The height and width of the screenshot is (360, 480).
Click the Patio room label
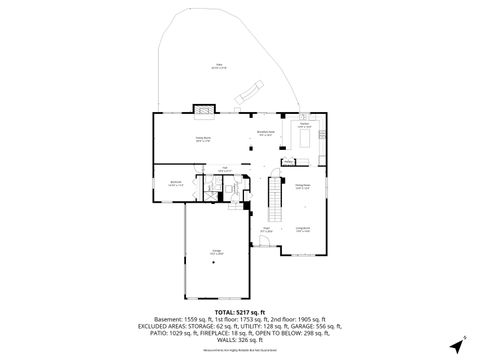(x=219, y=67)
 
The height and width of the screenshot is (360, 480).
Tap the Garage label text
(x=217, y=252)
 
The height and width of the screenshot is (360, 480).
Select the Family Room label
(x=203, y=139)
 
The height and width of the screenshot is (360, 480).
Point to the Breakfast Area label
(x=266, y=133)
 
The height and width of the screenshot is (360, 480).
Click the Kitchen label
(x=304, y=126)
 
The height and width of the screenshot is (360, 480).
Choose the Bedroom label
(x=175, y=183)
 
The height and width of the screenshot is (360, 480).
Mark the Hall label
(x=226, y=168)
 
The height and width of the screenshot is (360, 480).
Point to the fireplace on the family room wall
(x=203, y=107)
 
